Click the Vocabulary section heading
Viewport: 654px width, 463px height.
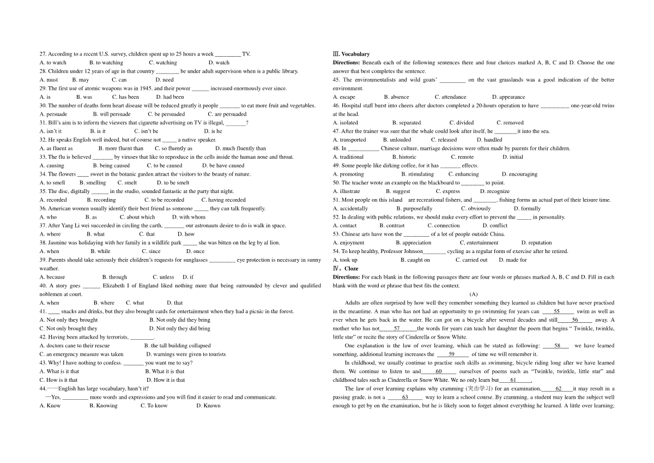coord(355,54)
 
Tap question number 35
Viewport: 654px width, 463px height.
coord(43,191)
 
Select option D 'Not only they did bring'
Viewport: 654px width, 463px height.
coord(179,328)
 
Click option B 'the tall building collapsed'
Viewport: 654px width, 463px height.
coord(177,346)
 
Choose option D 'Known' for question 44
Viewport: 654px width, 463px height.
coord(208,406)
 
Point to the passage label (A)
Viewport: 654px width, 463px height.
coord(474,294)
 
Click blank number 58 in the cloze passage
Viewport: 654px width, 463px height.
coord(557,346)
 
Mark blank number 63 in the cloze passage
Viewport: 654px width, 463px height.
coord(405,397)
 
